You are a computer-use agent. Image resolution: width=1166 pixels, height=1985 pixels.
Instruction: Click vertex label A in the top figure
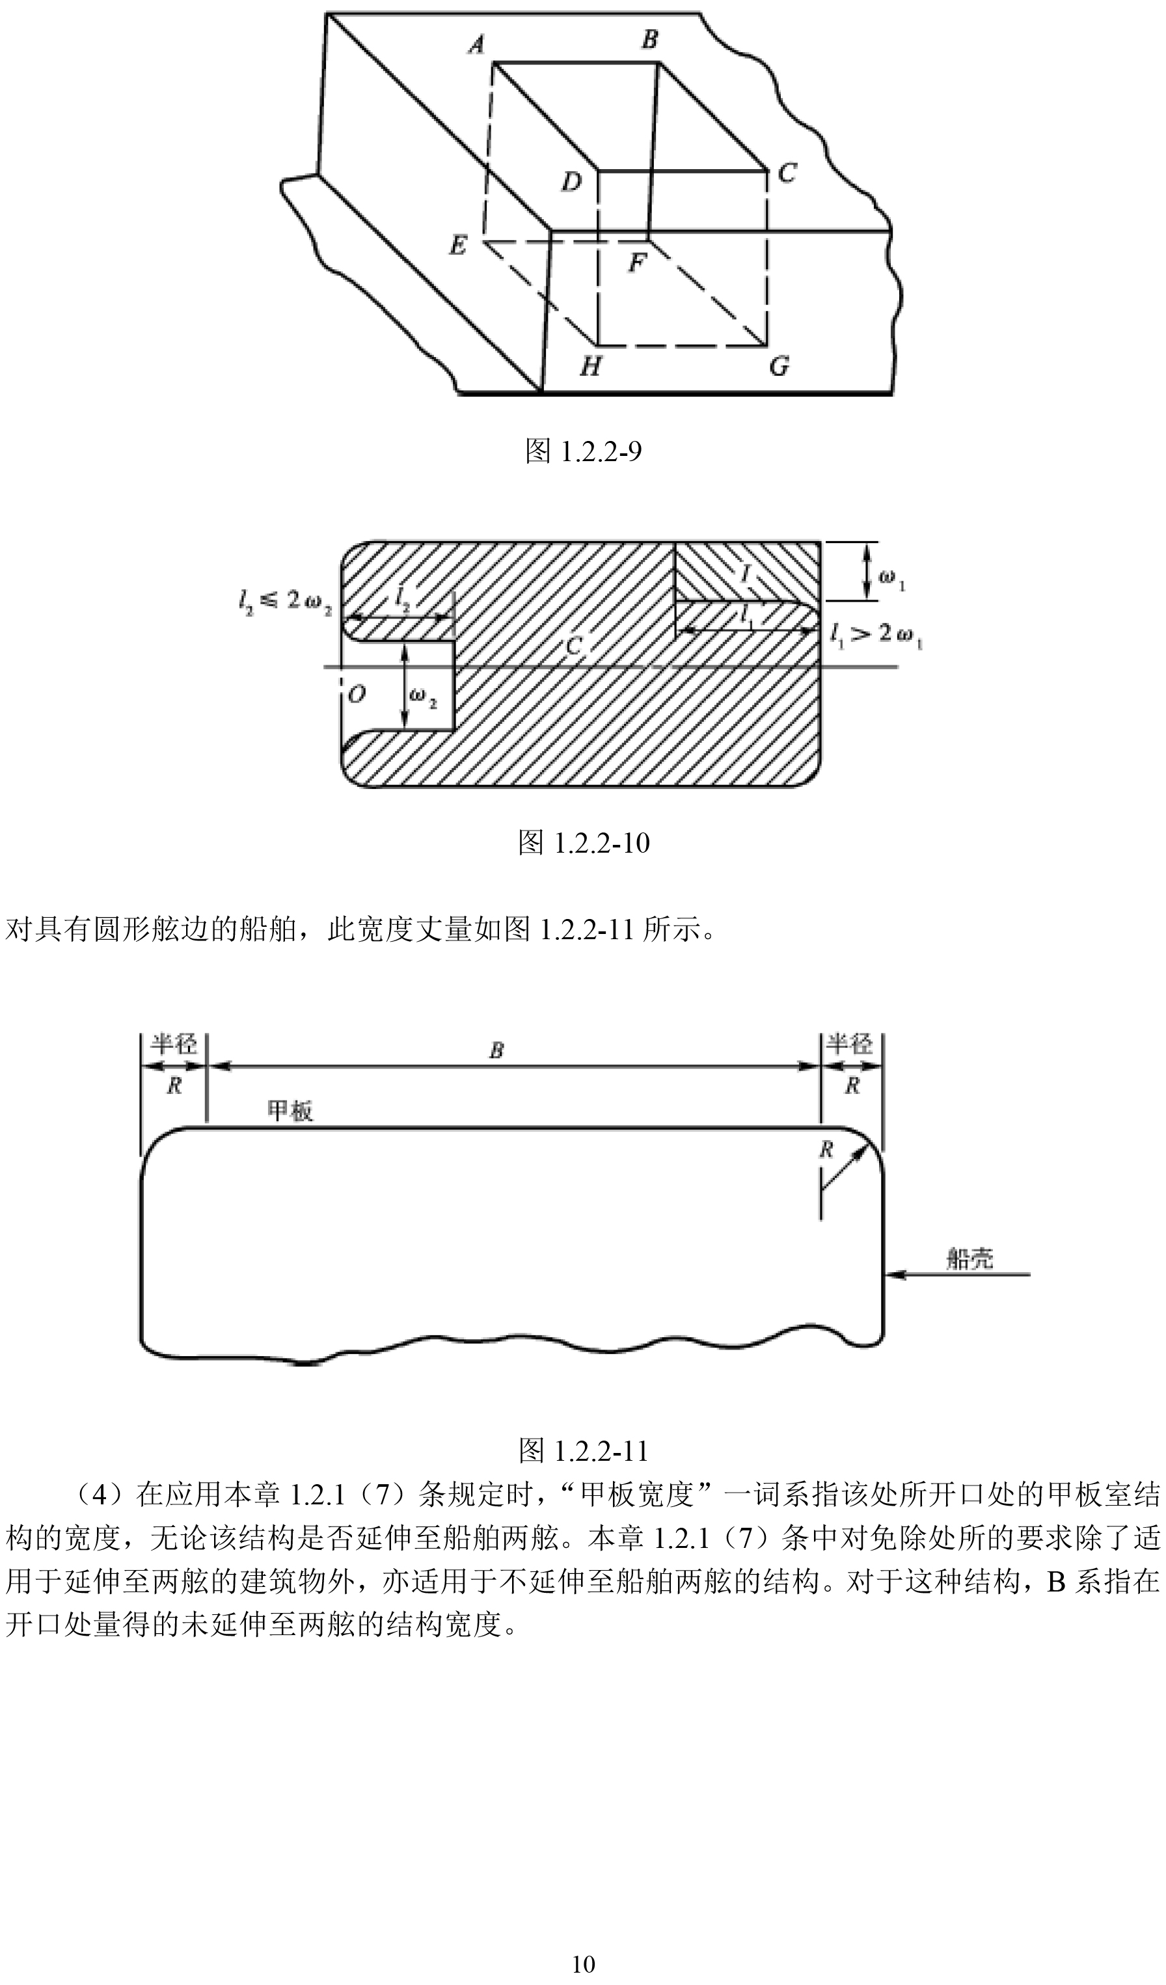pyautogui.click(x=476, y=45)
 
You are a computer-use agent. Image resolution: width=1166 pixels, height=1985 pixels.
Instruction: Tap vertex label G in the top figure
pyautogui.click(x=779, y=366)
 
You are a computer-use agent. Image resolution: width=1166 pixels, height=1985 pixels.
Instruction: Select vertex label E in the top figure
pyautogui.click(x=457, y=246)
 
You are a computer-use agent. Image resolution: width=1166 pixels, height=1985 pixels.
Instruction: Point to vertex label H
pyautogui.click(x=591, y=366)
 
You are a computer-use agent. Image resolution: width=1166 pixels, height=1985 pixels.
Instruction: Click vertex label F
pyautogui.click(x=636, y=262)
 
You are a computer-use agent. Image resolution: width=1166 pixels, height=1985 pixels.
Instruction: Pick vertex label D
pyautogui.click(x=571, y=182)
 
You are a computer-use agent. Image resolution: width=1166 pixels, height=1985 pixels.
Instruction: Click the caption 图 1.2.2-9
pyautogui.click(x=583, y=451)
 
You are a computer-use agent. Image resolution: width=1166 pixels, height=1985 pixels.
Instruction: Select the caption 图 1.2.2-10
pyautogui.click(x=584, y=843)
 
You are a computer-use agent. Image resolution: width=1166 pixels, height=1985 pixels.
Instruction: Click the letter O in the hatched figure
pyautogui.click(x=356, y=694)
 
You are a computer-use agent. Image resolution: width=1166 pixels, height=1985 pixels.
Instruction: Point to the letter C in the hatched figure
pyautogui.click(x=575, y=646)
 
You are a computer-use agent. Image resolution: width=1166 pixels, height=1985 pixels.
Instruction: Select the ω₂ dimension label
pyautogui.click(x=423, y=697)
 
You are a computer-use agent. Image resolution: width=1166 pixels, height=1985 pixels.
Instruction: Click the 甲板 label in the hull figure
pyautogui.click(x=291, y=1111)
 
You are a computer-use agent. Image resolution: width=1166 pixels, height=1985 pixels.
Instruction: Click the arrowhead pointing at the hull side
pyautogui.click(x=895, y=1273)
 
